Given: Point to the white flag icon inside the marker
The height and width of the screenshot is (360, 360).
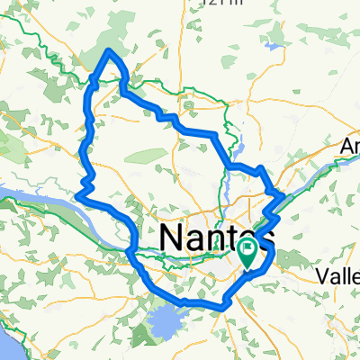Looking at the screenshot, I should coord(248,247).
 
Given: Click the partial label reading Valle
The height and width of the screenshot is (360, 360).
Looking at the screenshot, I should coord(340,278).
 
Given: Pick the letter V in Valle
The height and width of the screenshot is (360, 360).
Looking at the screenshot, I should coord(326,278).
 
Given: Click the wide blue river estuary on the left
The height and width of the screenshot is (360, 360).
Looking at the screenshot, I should coord(36,199).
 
